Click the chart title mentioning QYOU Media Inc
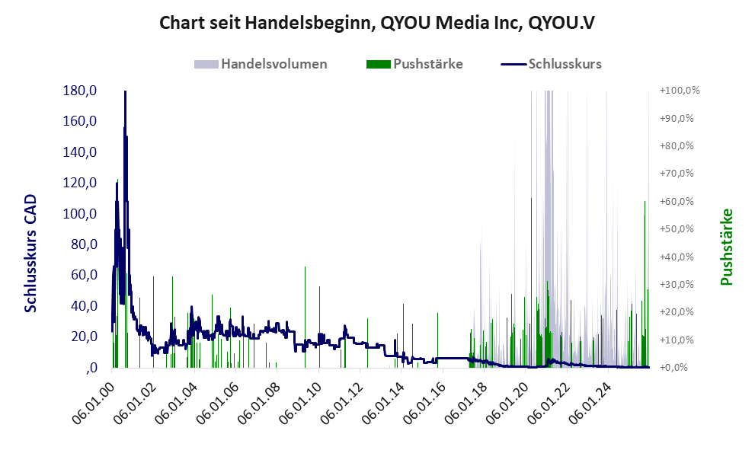point(377,23)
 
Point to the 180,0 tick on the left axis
point(80,91)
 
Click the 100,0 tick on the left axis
point(80,214)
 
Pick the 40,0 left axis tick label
point(82,306)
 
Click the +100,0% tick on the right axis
point(679,91)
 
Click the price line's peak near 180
point(125,93)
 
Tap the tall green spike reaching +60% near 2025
point(645,203)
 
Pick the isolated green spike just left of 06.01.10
point(305,268)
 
